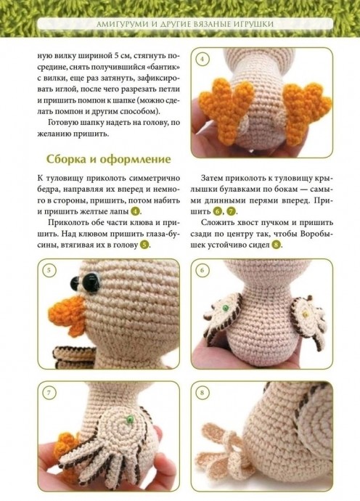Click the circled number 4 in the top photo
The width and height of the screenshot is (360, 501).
click(x=202, y=59)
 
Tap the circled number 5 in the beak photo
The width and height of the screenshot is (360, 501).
click(x=49, y=270)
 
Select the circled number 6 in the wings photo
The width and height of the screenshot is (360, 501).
click(x=202, y=270)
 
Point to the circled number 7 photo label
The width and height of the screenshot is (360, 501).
click(x=49, y=392)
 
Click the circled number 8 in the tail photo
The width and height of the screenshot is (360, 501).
click(x=202, y=392)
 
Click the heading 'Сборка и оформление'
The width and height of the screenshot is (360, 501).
click(x=109, y=159)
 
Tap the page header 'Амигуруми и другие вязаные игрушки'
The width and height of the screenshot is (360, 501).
click(x=185, y=24)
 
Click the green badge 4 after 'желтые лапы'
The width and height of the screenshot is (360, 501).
click(x=136, y=211)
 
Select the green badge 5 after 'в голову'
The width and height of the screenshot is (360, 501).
click(x=144, y=245)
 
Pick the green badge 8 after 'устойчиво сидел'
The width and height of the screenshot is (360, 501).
click(x=277, y=245)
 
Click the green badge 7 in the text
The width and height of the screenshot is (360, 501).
click(x=232, y=211)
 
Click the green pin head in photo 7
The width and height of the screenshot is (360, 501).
click(x=130, y=419)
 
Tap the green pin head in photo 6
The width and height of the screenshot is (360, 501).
click(x=226, y=308)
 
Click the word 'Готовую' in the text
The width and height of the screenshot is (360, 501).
click(x=63, y=123)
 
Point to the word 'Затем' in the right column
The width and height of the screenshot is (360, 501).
click(x=212, y=178)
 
